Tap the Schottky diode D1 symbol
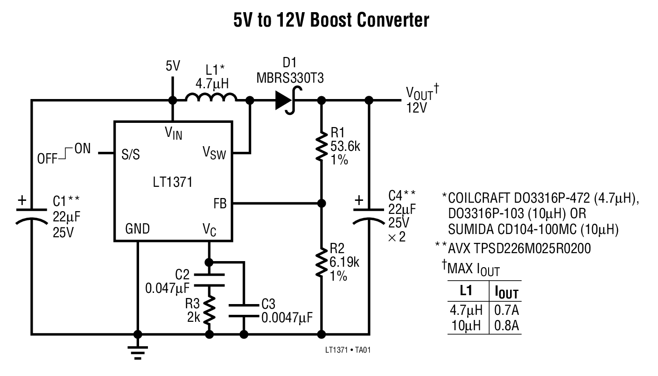pyautogui.click(x=286, y=100)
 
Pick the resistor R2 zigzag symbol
pyautogui.click(x=321, y=263)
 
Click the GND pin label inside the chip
pyautogui.click(x=137, y=229)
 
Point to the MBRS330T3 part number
pyautogui.click(x=290, y=78)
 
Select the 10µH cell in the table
pyautogui.click(x=466, y=325)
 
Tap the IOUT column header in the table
pyautogui.click(x=506, y=292)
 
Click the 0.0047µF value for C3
pyautogui.click(x=287, y=318)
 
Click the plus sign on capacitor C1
pyautogui.click(x=22, y=201)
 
